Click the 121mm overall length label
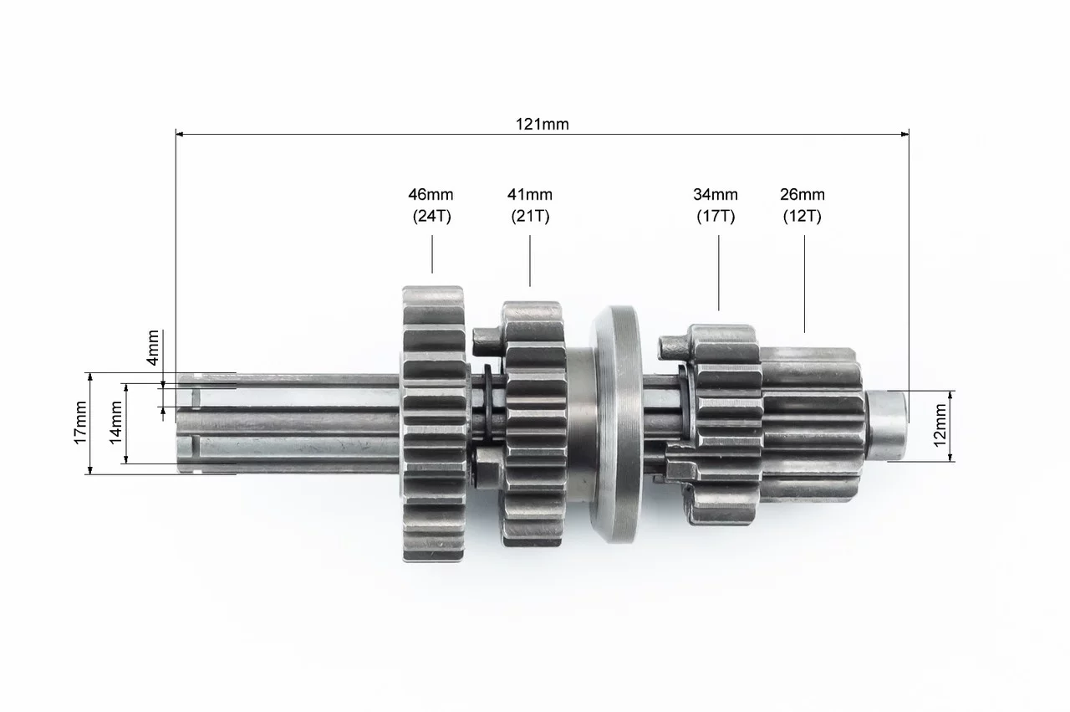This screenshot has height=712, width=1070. point(543,125)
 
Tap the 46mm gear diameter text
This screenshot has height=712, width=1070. point(431,195)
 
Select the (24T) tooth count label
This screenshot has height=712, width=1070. point(432,216)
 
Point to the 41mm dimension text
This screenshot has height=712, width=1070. point(530,195)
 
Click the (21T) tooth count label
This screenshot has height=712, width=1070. point(530,216)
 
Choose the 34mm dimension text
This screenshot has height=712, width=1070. point(716,195)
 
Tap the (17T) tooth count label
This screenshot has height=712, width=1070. point(716,216)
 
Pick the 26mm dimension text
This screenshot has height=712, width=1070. point(802,195)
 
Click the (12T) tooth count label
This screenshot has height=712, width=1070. point(802,216)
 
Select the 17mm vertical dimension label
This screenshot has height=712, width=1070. point(80,423)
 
